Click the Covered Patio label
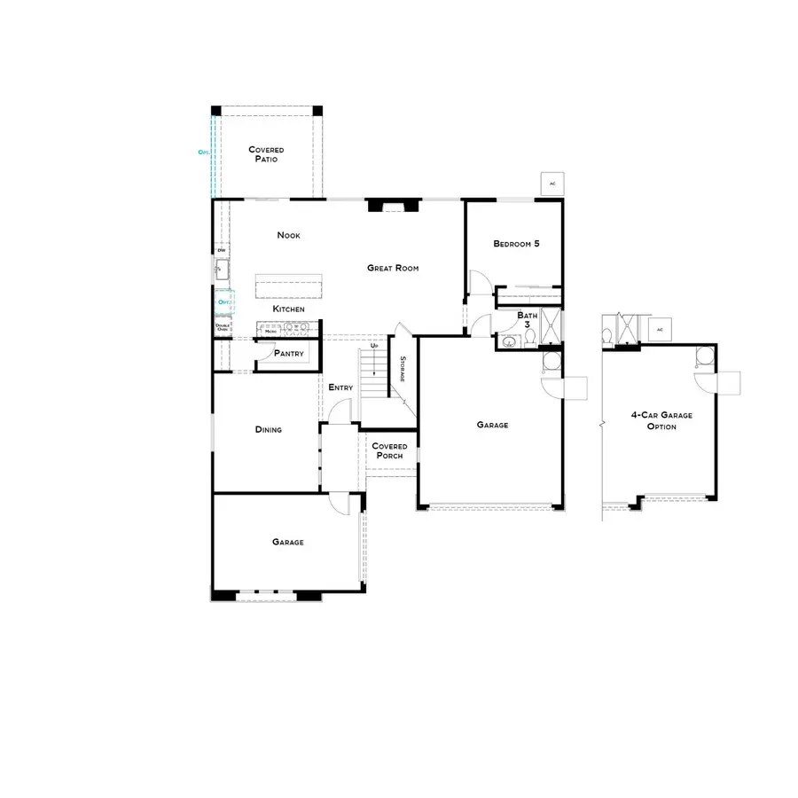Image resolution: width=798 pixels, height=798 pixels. click(x=266, y=154)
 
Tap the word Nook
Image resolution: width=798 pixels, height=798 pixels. click(x=288, y=235)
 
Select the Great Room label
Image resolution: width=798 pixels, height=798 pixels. click(x=393, y=268)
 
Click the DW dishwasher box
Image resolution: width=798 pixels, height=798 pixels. click(x=221, y=250)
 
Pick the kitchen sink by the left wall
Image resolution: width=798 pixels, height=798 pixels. click(x=222, y=270)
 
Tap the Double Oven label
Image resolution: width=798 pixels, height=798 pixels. click(x=222, y=327)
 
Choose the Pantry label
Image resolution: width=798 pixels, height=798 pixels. click(x=289, y=354)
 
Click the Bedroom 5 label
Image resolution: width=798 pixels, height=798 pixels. click(x=516, y=244)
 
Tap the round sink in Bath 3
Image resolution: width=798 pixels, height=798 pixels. click(x=509, y=342)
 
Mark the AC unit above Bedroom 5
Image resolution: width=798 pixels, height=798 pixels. click(x=552, y=184)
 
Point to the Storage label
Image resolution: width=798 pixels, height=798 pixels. click(x=403, y=369)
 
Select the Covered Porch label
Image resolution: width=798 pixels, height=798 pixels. click(x=389, y=451)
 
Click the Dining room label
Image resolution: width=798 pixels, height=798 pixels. click(x=269, y=430)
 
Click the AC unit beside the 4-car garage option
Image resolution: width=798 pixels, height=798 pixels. click(x=658, y=330)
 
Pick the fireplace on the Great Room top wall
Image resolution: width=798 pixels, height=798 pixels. click(x=393, y=207)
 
